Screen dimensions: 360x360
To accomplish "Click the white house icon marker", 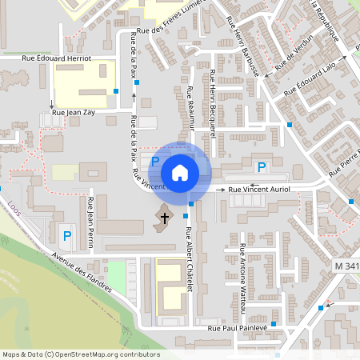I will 180,172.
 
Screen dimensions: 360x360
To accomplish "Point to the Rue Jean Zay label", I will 75,113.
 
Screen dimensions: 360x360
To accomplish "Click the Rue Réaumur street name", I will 192,108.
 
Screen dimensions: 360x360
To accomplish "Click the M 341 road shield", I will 346,265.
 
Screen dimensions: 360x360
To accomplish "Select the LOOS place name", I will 13,206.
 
